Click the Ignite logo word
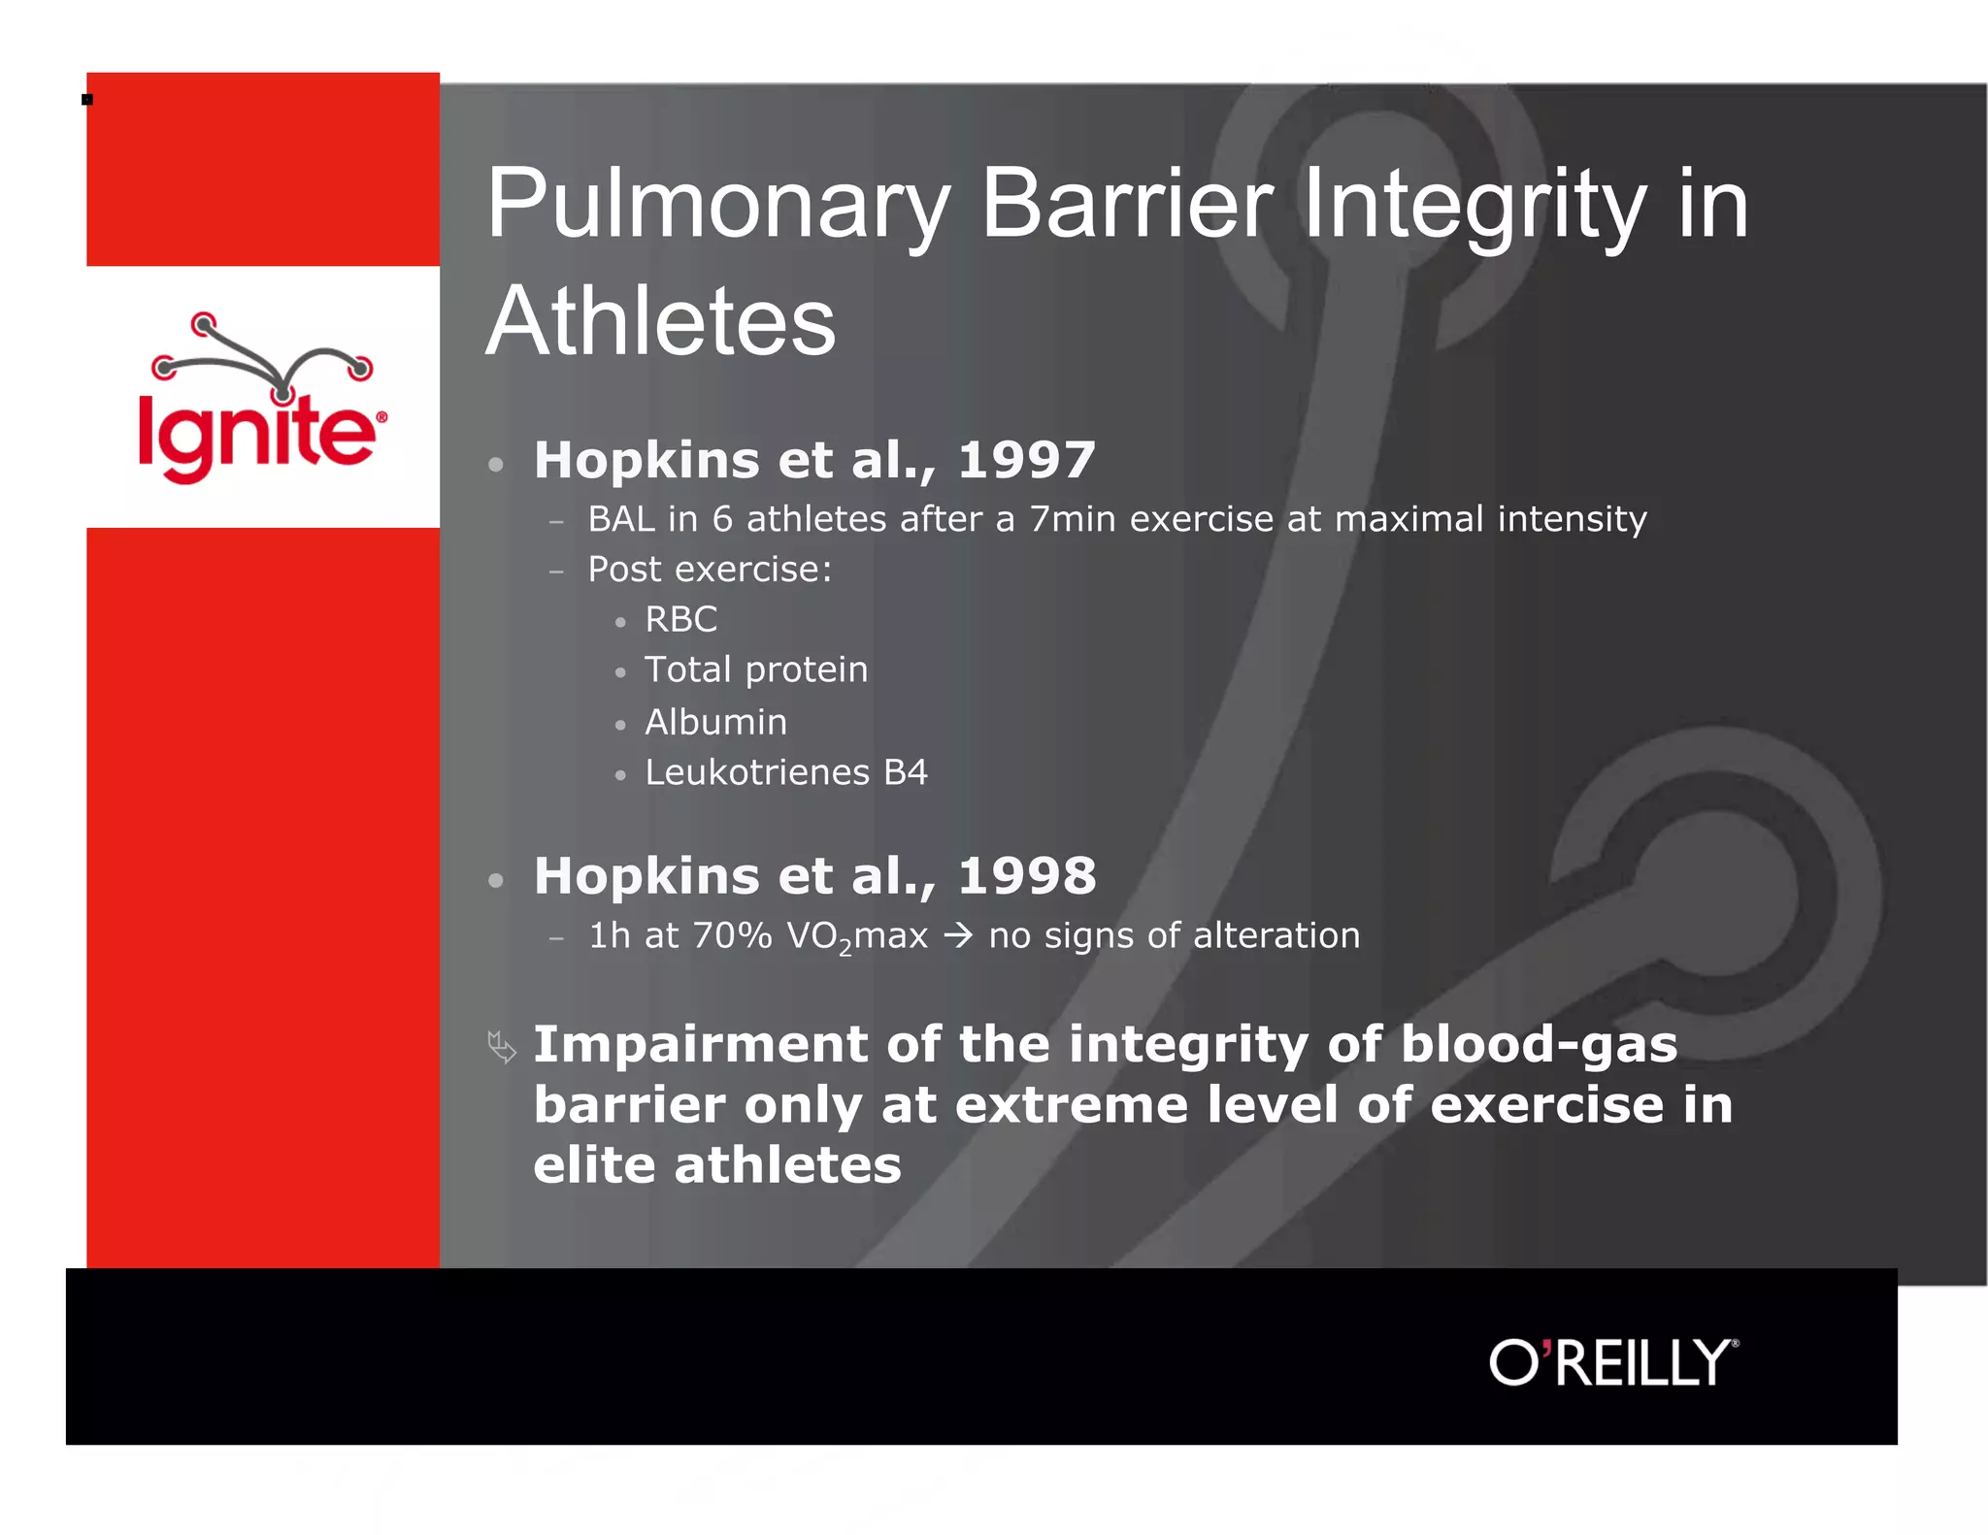(x=257, y=434)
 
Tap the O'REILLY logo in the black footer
(x=1613, y=1362)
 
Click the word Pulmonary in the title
(x=717, y=205)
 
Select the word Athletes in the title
(x=660, y=322)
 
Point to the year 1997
(x=1026, y=460)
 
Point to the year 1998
(x=1026, y=876)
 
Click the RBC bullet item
(x=680, y=620)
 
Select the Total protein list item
(x=755, y=670)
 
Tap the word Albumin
(x=715, y=723)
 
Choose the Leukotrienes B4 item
(x=785, y=773)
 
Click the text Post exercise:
(x=710, y=570)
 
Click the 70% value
(x=732, y=936)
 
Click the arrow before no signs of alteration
(x=957, y=936)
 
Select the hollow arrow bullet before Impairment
(x=502, y=1047)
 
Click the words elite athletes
(x=716, y=1165)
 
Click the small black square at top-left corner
(x=87, y=100)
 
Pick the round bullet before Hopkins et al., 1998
(x=496, y=881)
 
